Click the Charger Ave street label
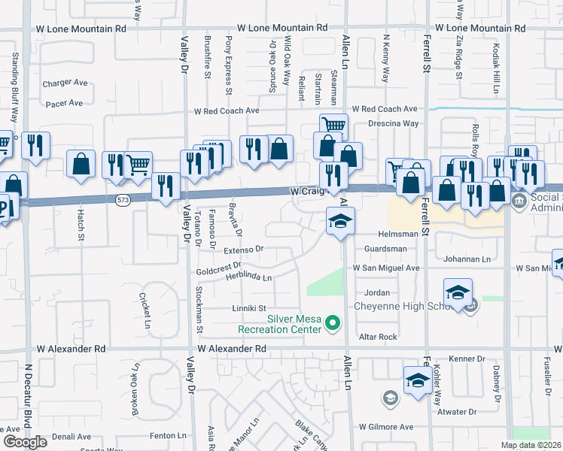tap(65, 83)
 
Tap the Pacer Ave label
tap(64, 104)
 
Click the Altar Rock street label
tap(378, 337)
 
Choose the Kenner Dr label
tap(465, 359)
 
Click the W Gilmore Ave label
tap(387, 426)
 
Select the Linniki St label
tap(249, 308)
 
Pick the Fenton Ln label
tap(168, 435)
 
